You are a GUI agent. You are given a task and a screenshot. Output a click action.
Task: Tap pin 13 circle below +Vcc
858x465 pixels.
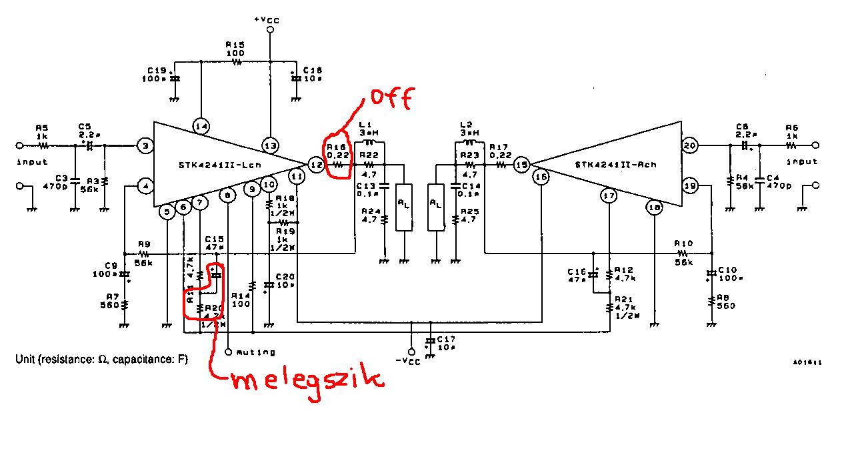pos(270,145)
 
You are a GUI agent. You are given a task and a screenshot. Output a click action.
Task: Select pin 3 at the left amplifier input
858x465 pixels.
pos(145,145)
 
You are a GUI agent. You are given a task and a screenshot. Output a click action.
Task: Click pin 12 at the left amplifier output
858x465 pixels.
pos(315,164)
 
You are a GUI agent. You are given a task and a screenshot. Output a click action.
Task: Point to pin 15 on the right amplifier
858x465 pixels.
pos(523,164)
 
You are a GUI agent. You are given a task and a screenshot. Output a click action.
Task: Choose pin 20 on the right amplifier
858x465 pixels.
pos(689,145)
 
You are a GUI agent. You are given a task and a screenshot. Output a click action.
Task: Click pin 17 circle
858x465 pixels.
pos(608,195)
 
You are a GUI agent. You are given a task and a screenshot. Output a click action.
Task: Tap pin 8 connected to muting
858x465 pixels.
pos(229,195)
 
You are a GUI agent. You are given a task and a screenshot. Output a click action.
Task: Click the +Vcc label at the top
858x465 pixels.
pos(267,21)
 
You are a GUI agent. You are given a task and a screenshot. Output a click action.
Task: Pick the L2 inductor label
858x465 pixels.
pos(467,125)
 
